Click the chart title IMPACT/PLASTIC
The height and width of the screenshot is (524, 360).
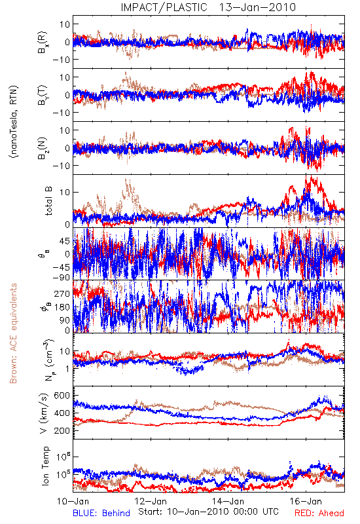(x=164, y=7)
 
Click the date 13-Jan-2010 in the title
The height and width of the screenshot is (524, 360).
(x=257, y=7)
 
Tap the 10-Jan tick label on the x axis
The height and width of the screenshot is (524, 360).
(x=73, y=501)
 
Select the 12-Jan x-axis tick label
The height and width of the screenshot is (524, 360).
(x=151, y=501)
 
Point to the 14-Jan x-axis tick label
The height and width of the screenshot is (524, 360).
(x=228, y=501)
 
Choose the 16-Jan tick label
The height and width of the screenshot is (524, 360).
(x=306, y=501)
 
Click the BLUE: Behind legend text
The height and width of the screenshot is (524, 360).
(x=101, y=513)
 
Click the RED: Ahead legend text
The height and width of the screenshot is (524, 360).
(x=319, y=513)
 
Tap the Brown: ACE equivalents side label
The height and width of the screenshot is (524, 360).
(x=13, y=333)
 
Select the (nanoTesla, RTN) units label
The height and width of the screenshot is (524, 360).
(x=14, y=122)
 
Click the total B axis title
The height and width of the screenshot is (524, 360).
(x=48, y=201)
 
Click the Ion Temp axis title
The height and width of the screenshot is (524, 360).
(x=45, y=466)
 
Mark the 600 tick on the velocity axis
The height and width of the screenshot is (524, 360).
(x=62, y=396)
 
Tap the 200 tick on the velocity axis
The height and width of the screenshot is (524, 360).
(x=62, y=430)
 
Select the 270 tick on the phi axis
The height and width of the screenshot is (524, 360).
(x=62, y=293)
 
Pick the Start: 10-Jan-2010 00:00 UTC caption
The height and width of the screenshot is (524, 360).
(x=208, y=512)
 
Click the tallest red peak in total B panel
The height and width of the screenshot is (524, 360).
(x=312, y=176)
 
